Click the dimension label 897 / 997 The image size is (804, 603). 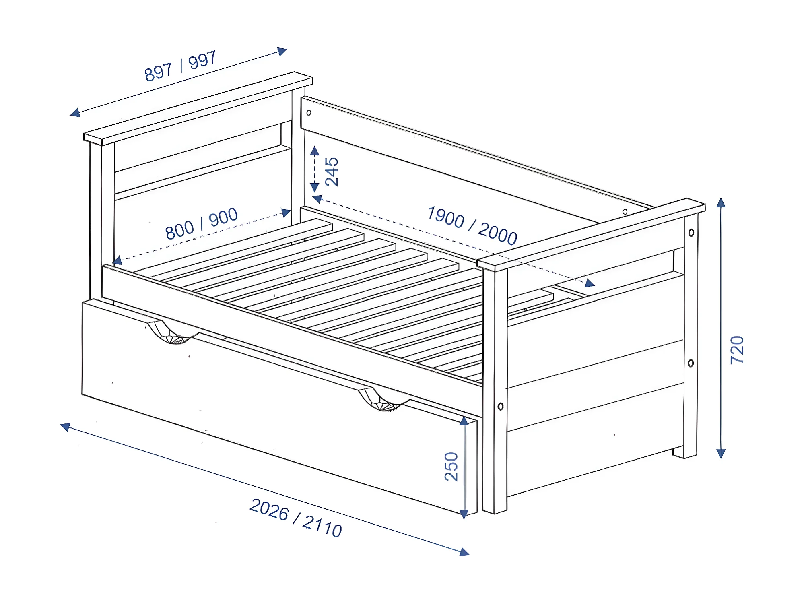[x=181, y=66]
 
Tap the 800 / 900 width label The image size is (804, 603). [x=201, y=223]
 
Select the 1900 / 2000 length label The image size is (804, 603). [x=472, y=225]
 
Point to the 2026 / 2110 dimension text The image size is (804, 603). [x=296, y=518]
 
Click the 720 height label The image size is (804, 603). [x=737, y=350]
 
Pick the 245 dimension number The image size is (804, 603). [x=332, y=172]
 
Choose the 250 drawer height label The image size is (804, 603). [x=451, y=467]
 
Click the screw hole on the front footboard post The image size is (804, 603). [x=501, y=406]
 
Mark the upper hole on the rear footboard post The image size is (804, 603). [x=691, y=233]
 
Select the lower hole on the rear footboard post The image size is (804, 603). [x=691, y=363]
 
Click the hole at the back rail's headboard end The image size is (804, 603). [x=309, y=113]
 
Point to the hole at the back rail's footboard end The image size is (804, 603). [x=625, y=212]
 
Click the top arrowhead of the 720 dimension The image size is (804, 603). [x=721, y=202]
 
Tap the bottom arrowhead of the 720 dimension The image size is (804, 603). [x=721, y=454]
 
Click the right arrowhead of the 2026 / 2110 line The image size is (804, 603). [x=465, y=552]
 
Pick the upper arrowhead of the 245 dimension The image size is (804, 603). [x=315, y=151]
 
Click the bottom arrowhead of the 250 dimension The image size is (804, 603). [x=464, y=514]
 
